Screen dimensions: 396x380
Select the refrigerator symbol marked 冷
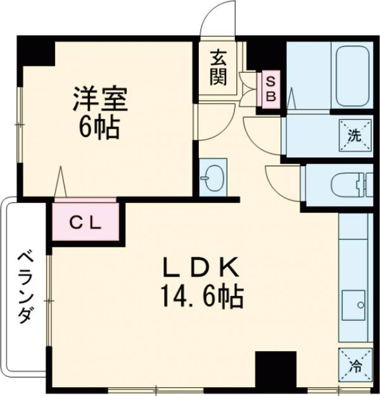tap(354, 364)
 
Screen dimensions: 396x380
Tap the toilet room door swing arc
tap(279, 181)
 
